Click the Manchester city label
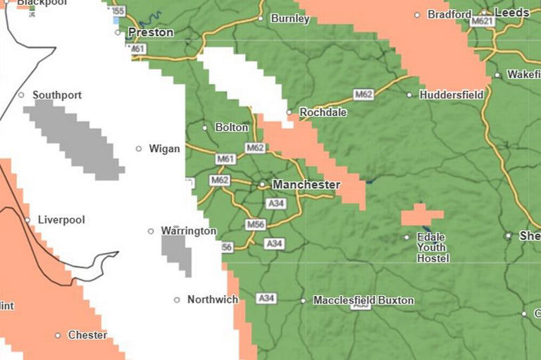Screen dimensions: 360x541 [x=306, y=185]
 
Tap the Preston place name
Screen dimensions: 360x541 [x=150, y=32]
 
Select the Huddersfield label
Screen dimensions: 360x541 [x=452, y=94]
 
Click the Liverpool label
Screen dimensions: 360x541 [x=61, y=220]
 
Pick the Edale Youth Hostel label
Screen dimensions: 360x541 [x=433, y=248]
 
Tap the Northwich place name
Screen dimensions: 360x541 [x=213, y=299]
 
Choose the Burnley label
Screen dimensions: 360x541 [x=290, y=19]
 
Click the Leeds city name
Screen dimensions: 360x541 [x=511, y=13]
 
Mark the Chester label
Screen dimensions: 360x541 [x=87, y=335]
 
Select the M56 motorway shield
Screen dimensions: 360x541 [x=255, y=224]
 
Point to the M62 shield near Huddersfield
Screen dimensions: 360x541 [x=363, y=94]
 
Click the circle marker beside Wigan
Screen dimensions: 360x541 [x=139, y=149]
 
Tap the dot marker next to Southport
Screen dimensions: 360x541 [x=21, y=95]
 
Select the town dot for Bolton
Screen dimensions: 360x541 [x=205, y=128]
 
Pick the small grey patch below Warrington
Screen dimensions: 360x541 [x=177, y=254]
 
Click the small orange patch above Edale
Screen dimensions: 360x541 [x=421, y=215]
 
